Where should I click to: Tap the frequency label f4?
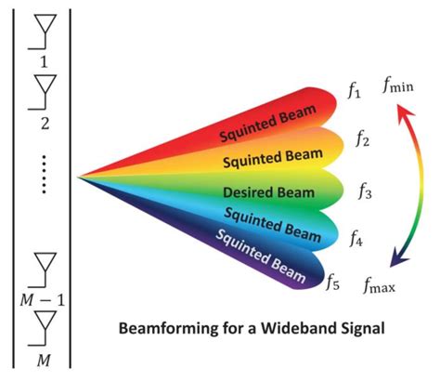356,240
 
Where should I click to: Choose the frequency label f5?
333,278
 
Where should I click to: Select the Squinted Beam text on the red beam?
263,125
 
